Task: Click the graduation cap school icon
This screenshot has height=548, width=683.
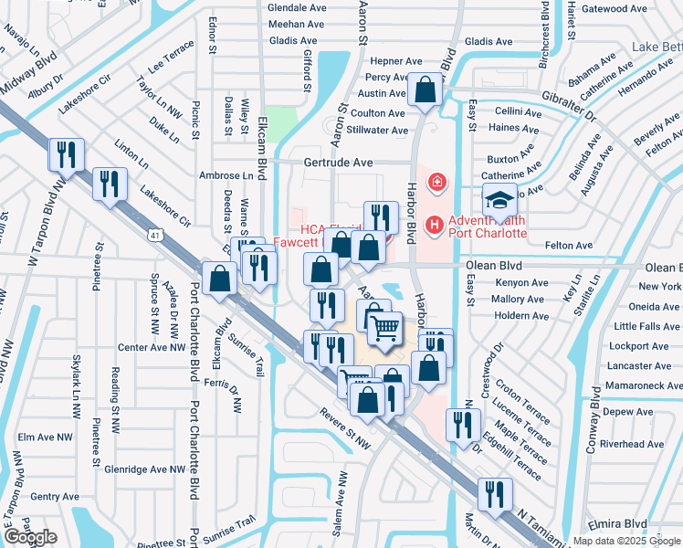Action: coord(499,200)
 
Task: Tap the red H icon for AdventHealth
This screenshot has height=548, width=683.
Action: coord(434,223)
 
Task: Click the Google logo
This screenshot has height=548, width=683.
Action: coord(30,537)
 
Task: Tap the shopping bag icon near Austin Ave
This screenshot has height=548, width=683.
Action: coord(426,90)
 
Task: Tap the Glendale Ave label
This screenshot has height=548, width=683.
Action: coord(296,6)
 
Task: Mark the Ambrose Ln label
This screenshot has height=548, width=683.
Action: coord(226,175)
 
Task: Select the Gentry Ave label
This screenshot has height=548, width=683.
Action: coord(50,497)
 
